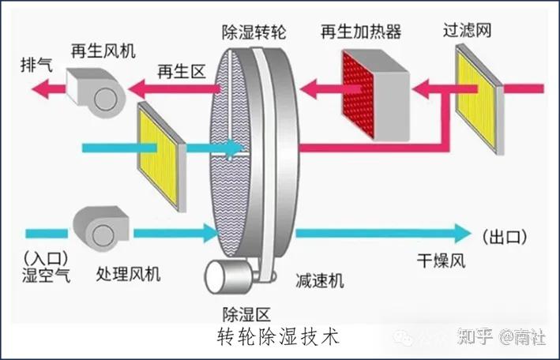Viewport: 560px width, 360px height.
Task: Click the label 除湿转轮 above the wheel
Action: (x=254, y=32)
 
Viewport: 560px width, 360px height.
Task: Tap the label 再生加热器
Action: (x=361, y=32)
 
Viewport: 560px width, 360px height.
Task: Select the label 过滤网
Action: (x=467, y=30)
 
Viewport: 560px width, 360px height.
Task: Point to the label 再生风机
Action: (x=103, y=51)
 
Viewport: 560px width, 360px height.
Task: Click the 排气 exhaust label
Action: (x=37, y=65)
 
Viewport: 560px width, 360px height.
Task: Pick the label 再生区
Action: (x=182, y=72)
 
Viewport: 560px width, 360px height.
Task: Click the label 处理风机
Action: (x=128, y=274)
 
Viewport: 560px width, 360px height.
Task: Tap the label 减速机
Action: (x=320, y=280)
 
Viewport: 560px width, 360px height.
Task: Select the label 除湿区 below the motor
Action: (x=246, y=314)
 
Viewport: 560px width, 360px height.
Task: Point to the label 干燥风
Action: (x=441, y=261)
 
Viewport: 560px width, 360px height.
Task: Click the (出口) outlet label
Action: (x=504, y=237)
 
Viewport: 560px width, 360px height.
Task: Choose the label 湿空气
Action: (x=47, y=275)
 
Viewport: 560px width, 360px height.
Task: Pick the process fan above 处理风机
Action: (x=101, y=229)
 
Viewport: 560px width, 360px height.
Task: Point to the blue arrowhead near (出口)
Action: (x=463, y=234)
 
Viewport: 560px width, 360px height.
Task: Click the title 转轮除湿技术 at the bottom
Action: (x=278, y=338)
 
